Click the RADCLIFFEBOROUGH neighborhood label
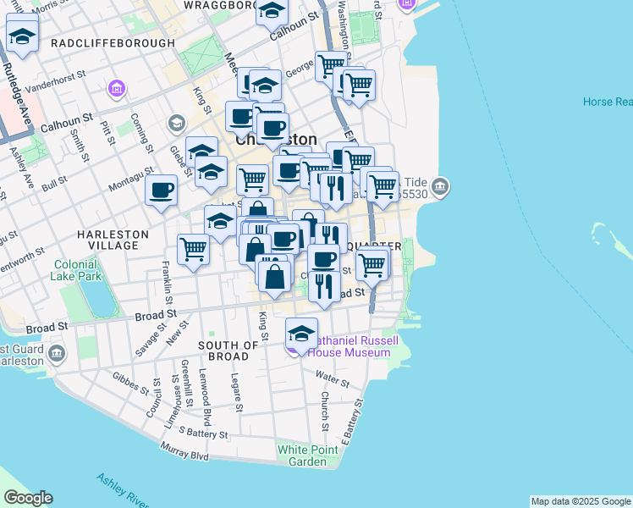113,43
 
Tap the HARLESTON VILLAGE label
113,240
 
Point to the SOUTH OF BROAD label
228,351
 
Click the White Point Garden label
302,456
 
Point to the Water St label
332,376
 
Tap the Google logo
28,498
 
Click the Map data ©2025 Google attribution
581,501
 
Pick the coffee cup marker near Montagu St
161,190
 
